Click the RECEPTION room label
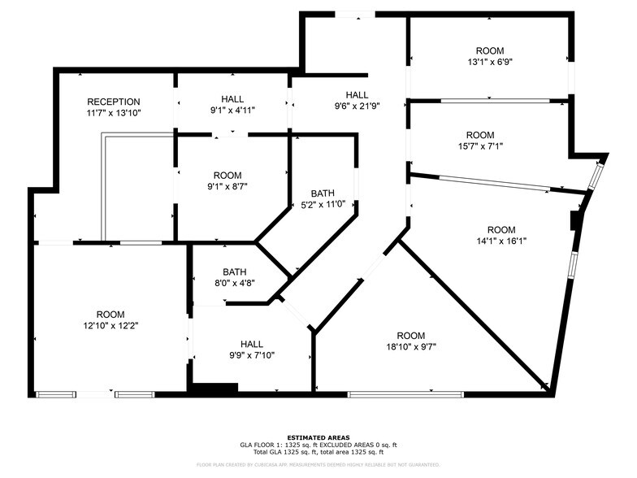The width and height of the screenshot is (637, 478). pyautogui.click(x=114, y=102)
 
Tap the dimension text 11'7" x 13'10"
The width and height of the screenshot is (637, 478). pyautogui.click(x=114, y=113)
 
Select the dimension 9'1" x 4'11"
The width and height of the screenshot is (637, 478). pyautogui.click(x=232, y=110)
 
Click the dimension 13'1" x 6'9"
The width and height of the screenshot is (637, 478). pyautogui.click(x=490, y=61)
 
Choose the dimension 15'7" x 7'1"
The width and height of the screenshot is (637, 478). pyautogui.click(x=480, y=146)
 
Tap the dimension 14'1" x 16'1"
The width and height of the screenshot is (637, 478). pyautogui.click(x=501, y=241)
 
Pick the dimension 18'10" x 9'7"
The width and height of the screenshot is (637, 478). pyautogui.click(x=411, y=347)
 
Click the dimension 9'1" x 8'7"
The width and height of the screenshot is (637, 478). pyautogui.click(x=232, y=187)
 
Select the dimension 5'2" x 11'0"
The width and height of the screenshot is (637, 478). pyautogui.click(x=323, y=205)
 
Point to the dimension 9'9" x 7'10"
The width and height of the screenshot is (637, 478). pyautogui.click(x=251, y=354)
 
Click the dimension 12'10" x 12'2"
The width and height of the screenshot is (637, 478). pyautogui.click(x=110, y=326)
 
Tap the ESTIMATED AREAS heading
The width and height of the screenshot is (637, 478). pyautogui.click(x=318, y=437)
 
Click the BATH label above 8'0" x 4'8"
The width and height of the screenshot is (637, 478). pyautogui.click(x=235, y=272)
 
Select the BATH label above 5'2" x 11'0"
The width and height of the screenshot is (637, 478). pyautogui.click(x=323, y=193)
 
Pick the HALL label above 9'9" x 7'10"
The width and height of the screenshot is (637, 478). pyautogui.click(x=251, y=343)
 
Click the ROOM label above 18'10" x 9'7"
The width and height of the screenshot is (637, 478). pyautogui.click(x=411, y=336)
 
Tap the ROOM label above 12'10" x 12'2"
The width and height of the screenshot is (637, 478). pyautogui.click(x=110, y=315)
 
